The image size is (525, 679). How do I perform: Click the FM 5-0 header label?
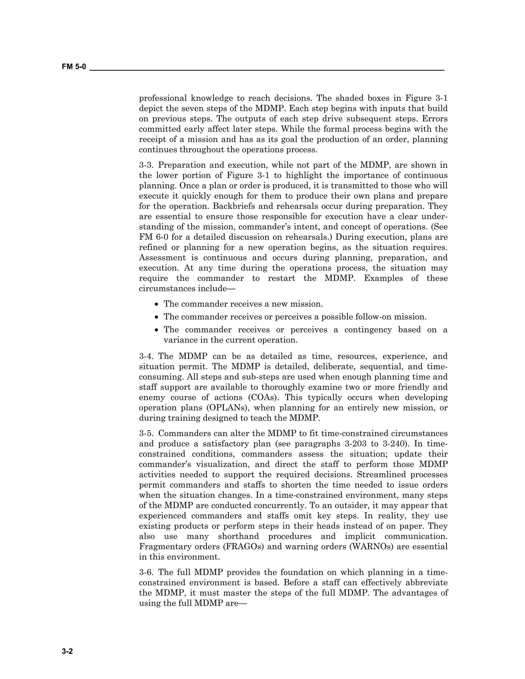pyautogui.click(x=74, y=67)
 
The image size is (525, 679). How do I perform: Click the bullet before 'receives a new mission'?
pyautogui.click(x=157, y=304)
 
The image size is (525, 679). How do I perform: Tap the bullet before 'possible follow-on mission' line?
pyautogui.click(x=157, y=317)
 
